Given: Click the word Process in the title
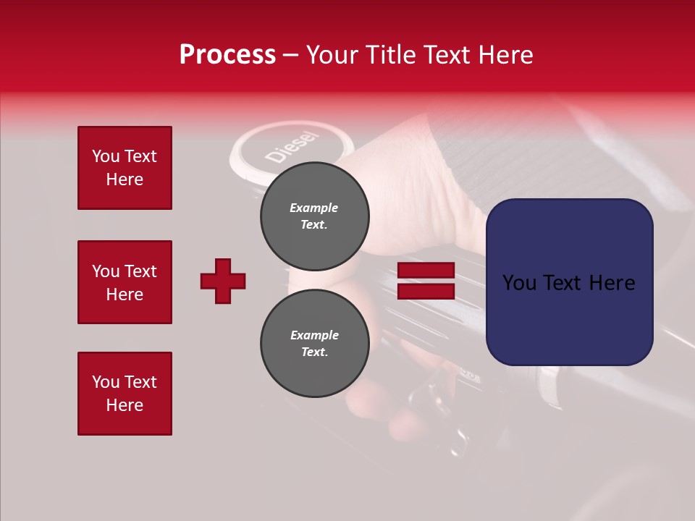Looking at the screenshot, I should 227,55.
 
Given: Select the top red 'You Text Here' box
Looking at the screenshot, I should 125,168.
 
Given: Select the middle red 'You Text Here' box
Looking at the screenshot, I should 125,282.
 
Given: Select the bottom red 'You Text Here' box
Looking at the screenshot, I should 125,394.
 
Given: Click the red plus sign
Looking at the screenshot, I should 223,281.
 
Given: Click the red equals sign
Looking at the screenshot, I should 426,281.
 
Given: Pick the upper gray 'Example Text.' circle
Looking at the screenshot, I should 315,216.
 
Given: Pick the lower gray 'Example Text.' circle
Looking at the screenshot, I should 315,344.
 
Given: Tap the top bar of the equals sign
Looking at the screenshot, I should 426,271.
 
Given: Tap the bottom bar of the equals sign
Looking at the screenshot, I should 426,291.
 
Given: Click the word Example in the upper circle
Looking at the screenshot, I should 314,208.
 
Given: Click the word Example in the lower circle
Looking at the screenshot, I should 314,335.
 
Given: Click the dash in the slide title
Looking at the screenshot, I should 291,56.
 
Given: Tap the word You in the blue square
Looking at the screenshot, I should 519,283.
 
